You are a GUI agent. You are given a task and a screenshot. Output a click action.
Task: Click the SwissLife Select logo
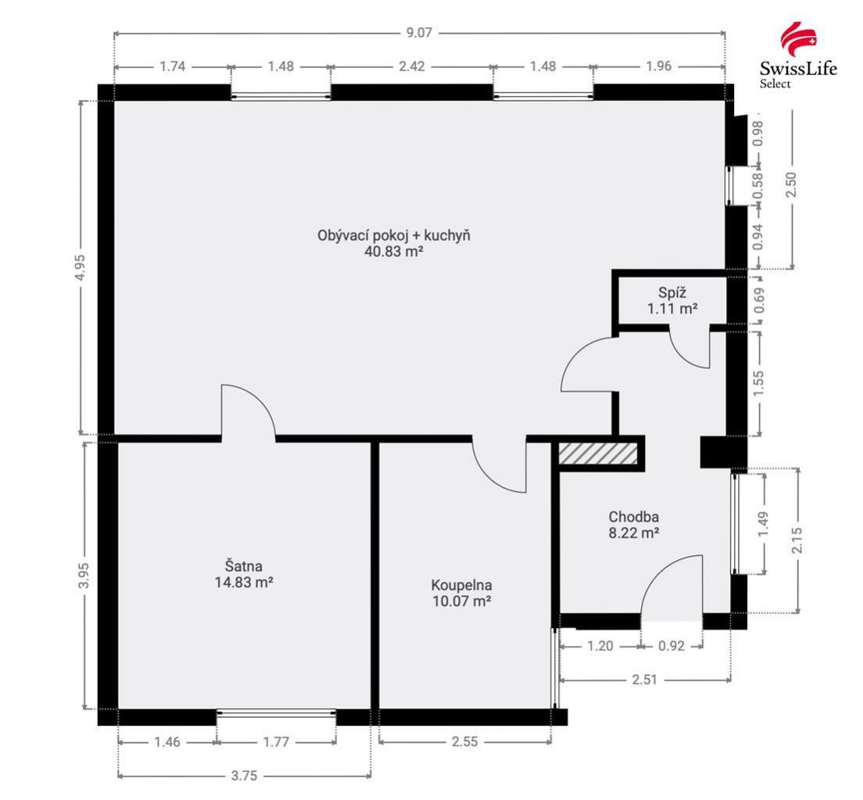tap(798, 55)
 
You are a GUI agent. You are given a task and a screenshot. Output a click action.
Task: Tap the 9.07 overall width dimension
tap(419, 33)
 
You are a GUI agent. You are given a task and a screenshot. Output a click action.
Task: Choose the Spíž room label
tap(672, 293)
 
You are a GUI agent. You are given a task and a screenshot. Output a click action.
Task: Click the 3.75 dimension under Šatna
tap(244, 776)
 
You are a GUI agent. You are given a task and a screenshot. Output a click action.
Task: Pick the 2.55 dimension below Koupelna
tap(464, 742)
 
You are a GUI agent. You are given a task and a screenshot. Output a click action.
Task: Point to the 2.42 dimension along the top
tap(411, 66)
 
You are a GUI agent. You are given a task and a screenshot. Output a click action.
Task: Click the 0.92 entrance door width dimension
tap(671, 647)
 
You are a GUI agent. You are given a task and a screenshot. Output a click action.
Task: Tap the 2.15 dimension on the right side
tap(797, 540)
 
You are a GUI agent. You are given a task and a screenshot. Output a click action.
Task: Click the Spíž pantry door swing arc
tap(689, 350)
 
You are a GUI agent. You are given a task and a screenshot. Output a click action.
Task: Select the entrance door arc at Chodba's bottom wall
tap(671, 583)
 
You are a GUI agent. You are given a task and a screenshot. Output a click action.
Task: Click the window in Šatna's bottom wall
tap(276, 713)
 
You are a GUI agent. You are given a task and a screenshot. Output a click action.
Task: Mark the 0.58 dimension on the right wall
tap(757, 186)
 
